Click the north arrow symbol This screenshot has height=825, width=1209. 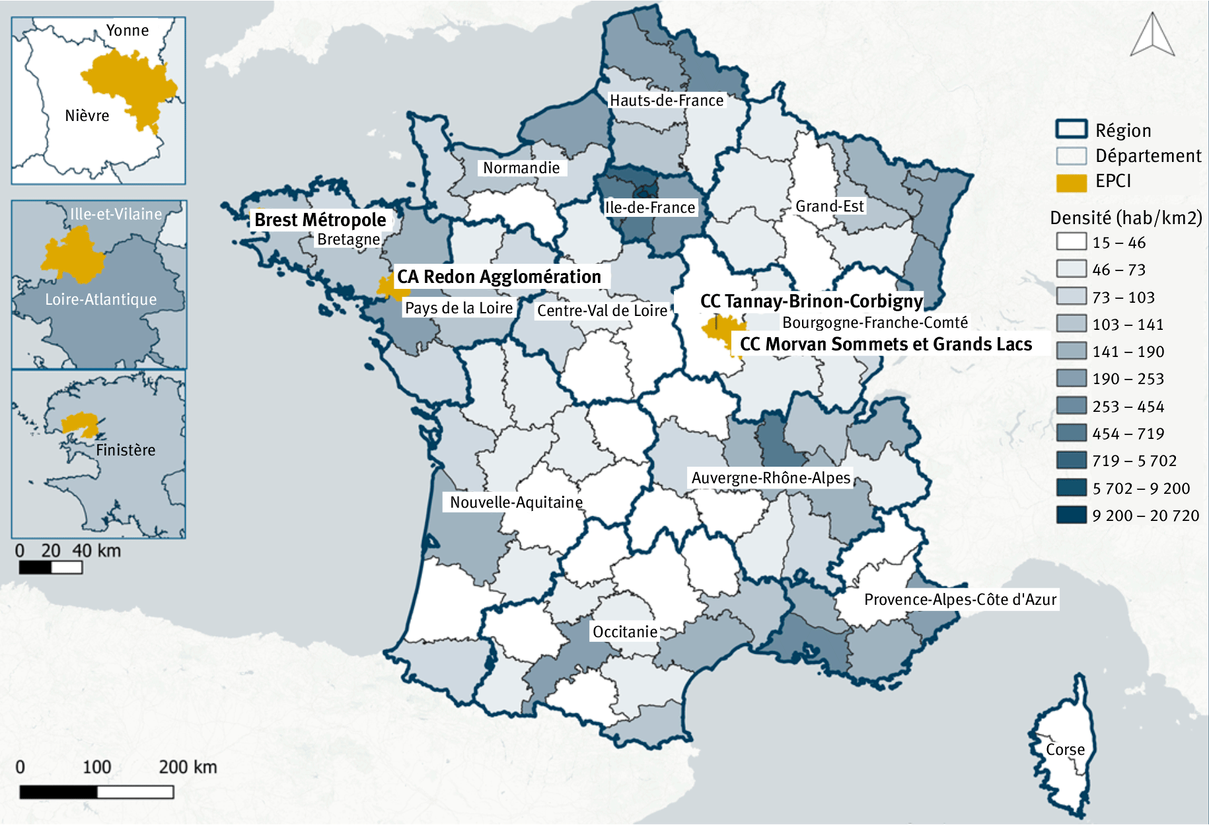1152,36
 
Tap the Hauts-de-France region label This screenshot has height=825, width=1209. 666,100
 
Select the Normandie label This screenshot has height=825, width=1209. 521,168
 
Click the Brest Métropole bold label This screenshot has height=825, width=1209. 320,219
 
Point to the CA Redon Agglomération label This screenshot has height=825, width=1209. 499,276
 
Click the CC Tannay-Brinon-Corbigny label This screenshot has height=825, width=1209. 811,301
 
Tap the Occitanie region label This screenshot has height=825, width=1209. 625,632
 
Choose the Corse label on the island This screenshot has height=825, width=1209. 1065,750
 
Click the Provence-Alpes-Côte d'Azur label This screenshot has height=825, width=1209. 960,600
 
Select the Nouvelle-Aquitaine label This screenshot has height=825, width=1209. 516,502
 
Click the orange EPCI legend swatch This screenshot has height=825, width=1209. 1071,182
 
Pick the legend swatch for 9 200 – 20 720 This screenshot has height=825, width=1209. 1071,515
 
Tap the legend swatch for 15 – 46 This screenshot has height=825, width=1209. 1071,242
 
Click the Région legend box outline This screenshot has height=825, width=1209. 1071,130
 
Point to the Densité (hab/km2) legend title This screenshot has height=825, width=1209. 1126,217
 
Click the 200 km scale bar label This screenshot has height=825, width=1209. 188,767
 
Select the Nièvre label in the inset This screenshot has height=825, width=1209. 87,116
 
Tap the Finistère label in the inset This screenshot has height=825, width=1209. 126,450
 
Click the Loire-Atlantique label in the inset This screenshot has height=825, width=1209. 101,299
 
